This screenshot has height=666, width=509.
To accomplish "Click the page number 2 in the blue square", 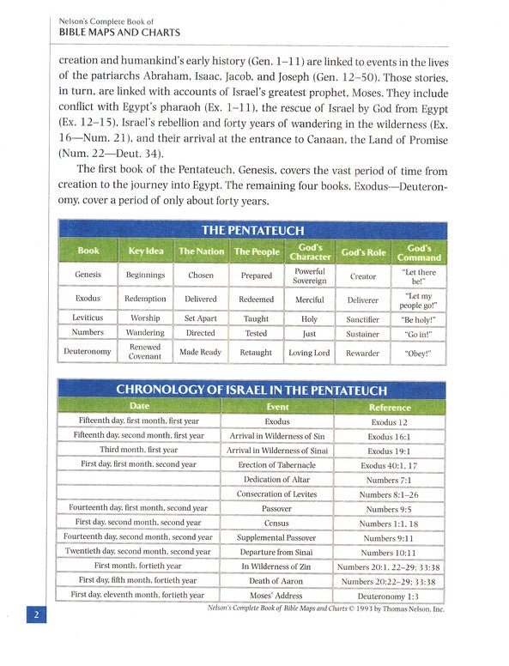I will tap(35, 615).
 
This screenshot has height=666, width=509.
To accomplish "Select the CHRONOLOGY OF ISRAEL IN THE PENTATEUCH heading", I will tap(251, 390).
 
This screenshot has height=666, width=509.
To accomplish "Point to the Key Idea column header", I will tap(146, 251).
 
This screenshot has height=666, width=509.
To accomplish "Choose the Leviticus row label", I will tap(88, 318).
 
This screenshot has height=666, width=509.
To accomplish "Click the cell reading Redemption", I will tap(146, 300).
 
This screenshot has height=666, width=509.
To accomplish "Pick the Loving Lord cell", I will tap(309, 352).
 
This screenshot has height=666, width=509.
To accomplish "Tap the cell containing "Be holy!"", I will tap(420, 318).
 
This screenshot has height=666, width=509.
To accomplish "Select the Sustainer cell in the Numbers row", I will tap(363, 334).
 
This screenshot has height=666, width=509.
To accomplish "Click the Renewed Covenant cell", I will tap(146, 352).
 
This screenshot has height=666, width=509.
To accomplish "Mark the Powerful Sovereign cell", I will tap(309, 275).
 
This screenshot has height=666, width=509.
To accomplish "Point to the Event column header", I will tap(277, 407).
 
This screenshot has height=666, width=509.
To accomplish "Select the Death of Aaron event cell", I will tap(277, 581).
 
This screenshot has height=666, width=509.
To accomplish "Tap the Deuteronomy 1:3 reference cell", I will tap(389, 596).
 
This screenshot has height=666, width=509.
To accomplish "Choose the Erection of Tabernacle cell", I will tap(277, 465).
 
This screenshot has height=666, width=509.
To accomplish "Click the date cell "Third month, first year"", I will tap(138, 450).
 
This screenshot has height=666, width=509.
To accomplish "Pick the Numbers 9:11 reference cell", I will tap(389, 538).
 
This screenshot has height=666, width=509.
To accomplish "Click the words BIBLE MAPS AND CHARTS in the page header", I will tap(119, 33).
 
